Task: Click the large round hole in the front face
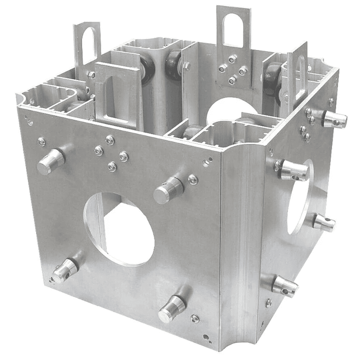click(120, 228)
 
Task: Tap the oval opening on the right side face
click(299, 197)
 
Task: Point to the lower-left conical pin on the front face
click(66, 270)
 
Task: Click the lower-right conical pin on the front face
click(172, 307)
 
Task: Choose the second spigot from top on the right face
click(293, 170)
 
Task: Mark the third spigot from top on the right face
click(323, 223)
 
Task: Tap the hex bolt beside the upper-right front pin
click(193, 179)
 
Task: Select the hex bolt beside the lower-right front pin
click(195, 318)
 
